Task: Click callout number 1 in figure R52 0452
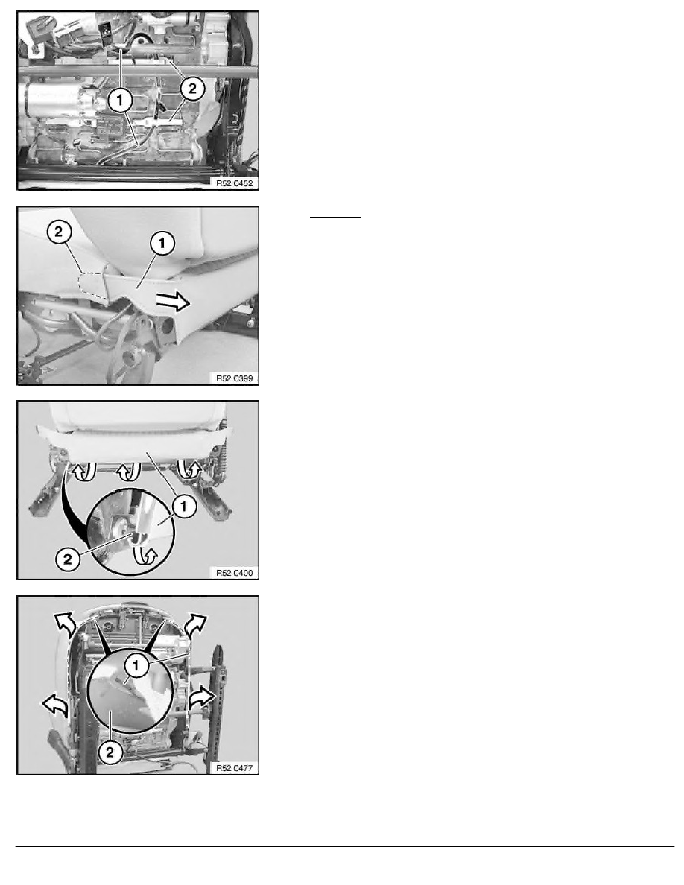point(120,101)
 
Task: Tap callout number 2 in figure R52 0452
point(192,89)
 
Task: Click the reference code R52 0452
point(234,183)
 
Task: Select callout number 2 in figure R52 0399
point(60,232)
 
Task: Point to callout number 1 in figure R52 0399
point(162,244)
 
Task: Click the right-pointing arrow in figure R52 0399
point(173,302)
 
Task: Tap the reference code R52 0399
point(234,378)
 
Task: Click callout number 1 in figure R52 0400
point(183,507)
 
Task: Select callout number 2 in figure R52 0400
point(68,559)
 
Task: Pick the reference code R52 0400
point(234,573)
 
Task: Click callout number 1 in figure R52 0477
point(136,666)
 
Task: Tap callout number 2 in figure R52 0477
point(110,752)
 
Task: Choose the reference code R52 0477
point(234,768)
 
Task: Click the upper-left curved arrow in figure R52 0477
point(63,623)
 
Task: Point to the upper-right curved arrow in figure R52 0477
point(197,624)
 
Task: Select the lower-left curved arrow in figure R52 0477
point(54,705)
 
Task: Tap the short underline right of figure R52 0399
point(335,217)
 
